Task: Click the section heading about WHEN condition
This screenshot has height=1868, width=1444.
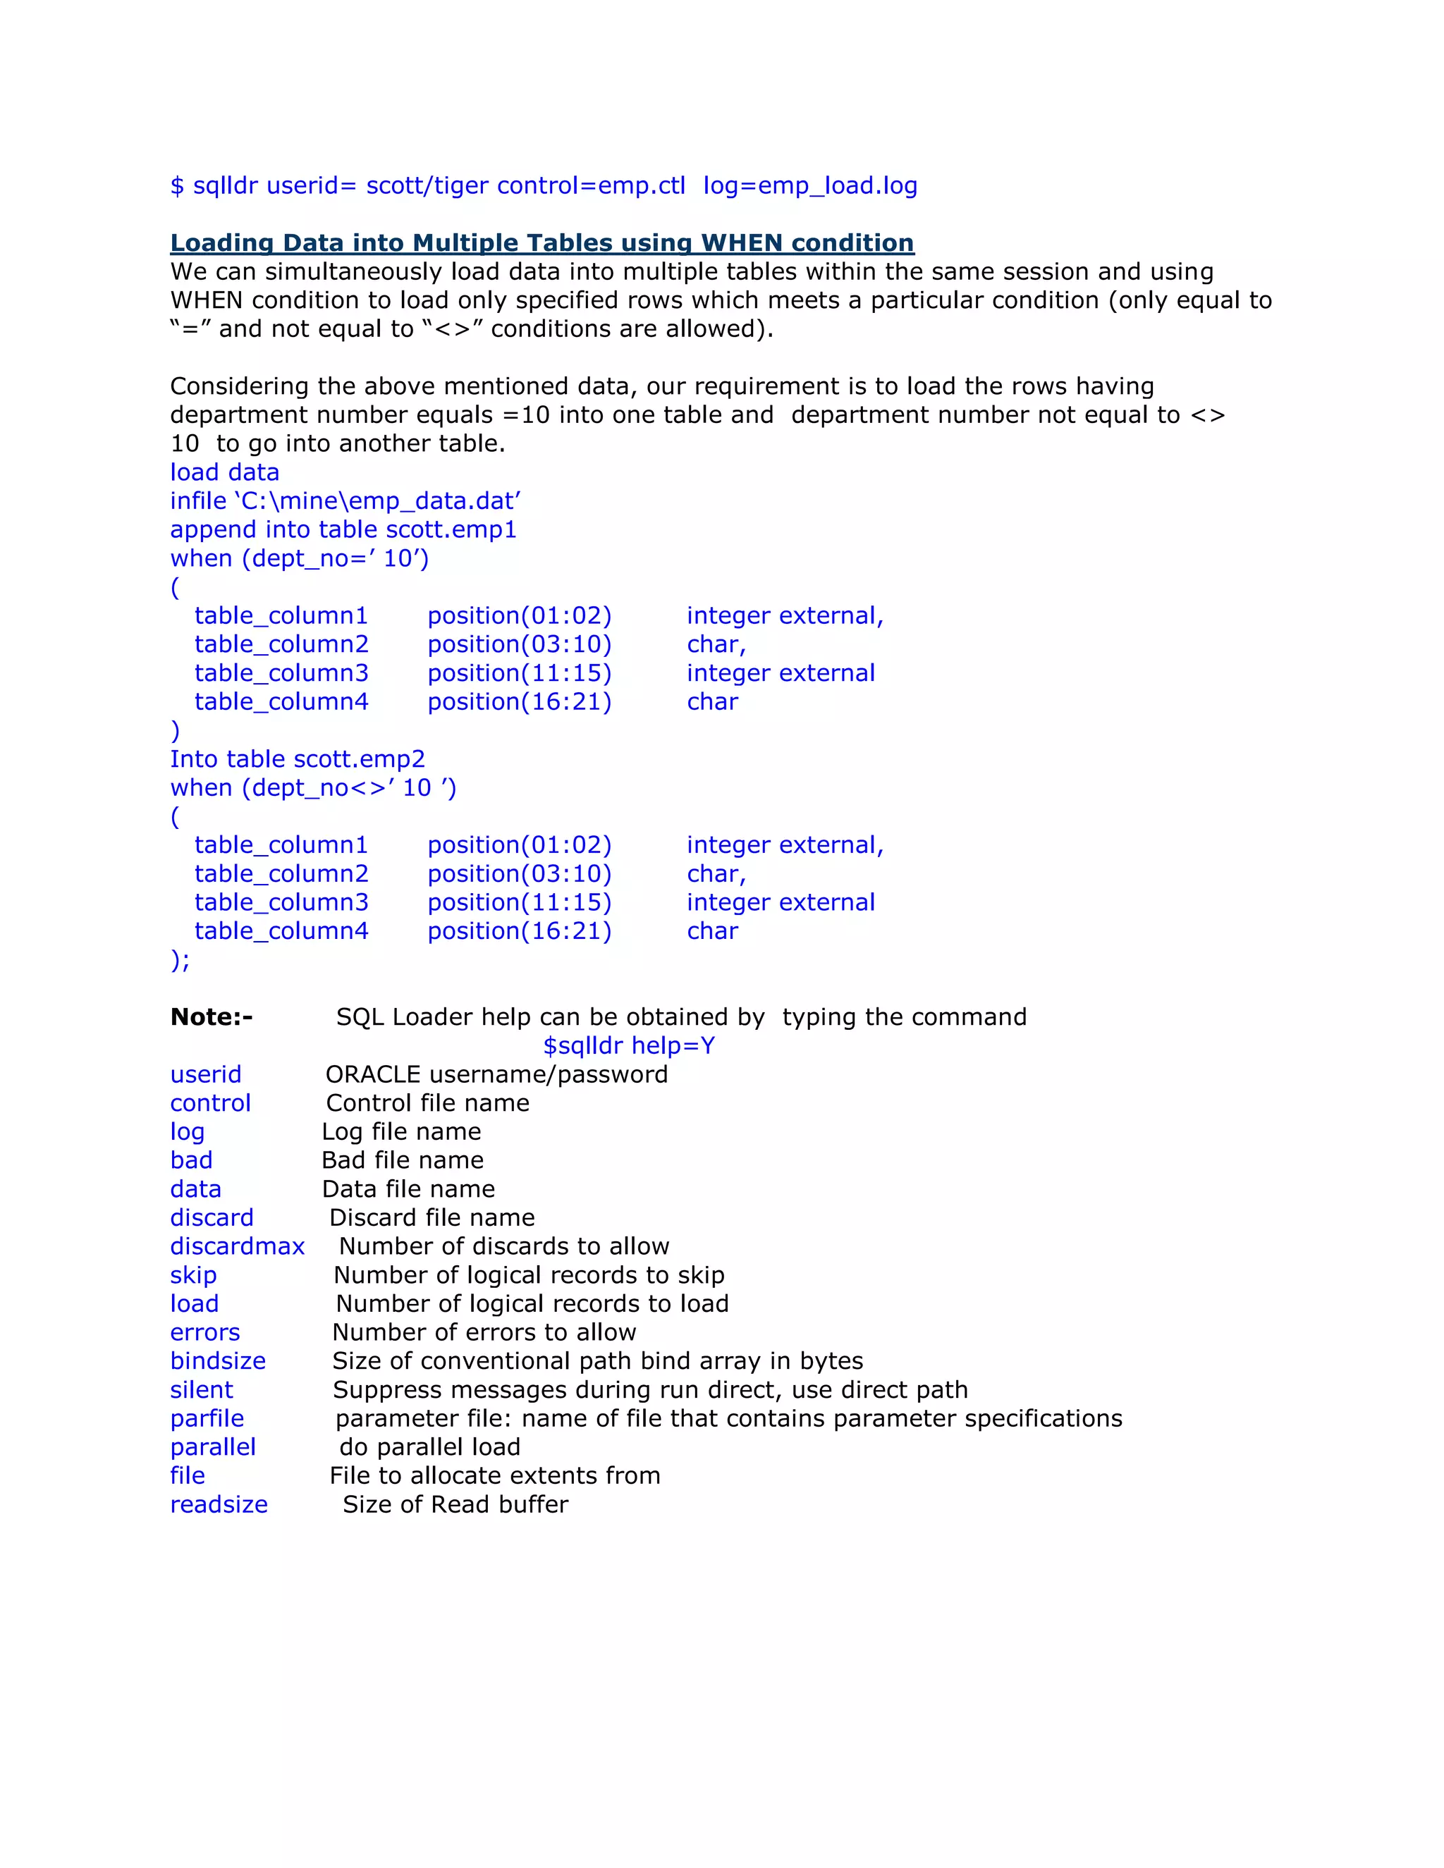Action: pyautogui.click(x=541, y=243)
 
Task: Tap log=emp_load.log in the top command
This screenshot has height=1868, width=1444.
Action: pyautogui.click(x=809, y=185)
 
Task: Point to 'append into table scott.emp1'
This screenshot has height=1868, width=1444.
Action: pyautogui.click(x=343, y=529)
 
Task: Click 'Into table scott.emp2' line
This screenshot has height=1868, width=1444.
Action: pyautogui.click(x=297, y=758)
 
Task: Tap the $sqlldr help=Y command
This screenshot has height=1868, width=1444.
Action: pyautogui.click(x=629, y=1045)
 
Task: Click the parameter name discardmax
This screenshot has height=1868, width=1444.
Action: pyautogui.click(x=237, y=1246)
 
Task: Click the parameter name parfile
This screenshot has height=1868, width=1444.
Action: pyautogui.click(x=207, y=1418)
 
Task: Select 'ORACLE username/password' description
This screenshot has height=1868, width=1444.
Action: pyautogui.click(x=496, y=1074)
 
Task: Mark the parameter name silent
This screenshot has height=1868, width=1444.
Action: pyautogui.click(x=201, y=1390)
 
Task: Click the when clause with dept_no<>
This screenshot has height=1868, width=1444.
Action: pyautogui.click(x=313, y=788)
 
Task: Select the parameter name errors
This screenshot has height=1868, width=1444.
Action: pyautogui.click(x=204, y=1332)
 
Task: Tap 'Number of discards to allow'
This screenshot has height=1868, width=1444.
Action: pyautogui.click(x=504, y=1246)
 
